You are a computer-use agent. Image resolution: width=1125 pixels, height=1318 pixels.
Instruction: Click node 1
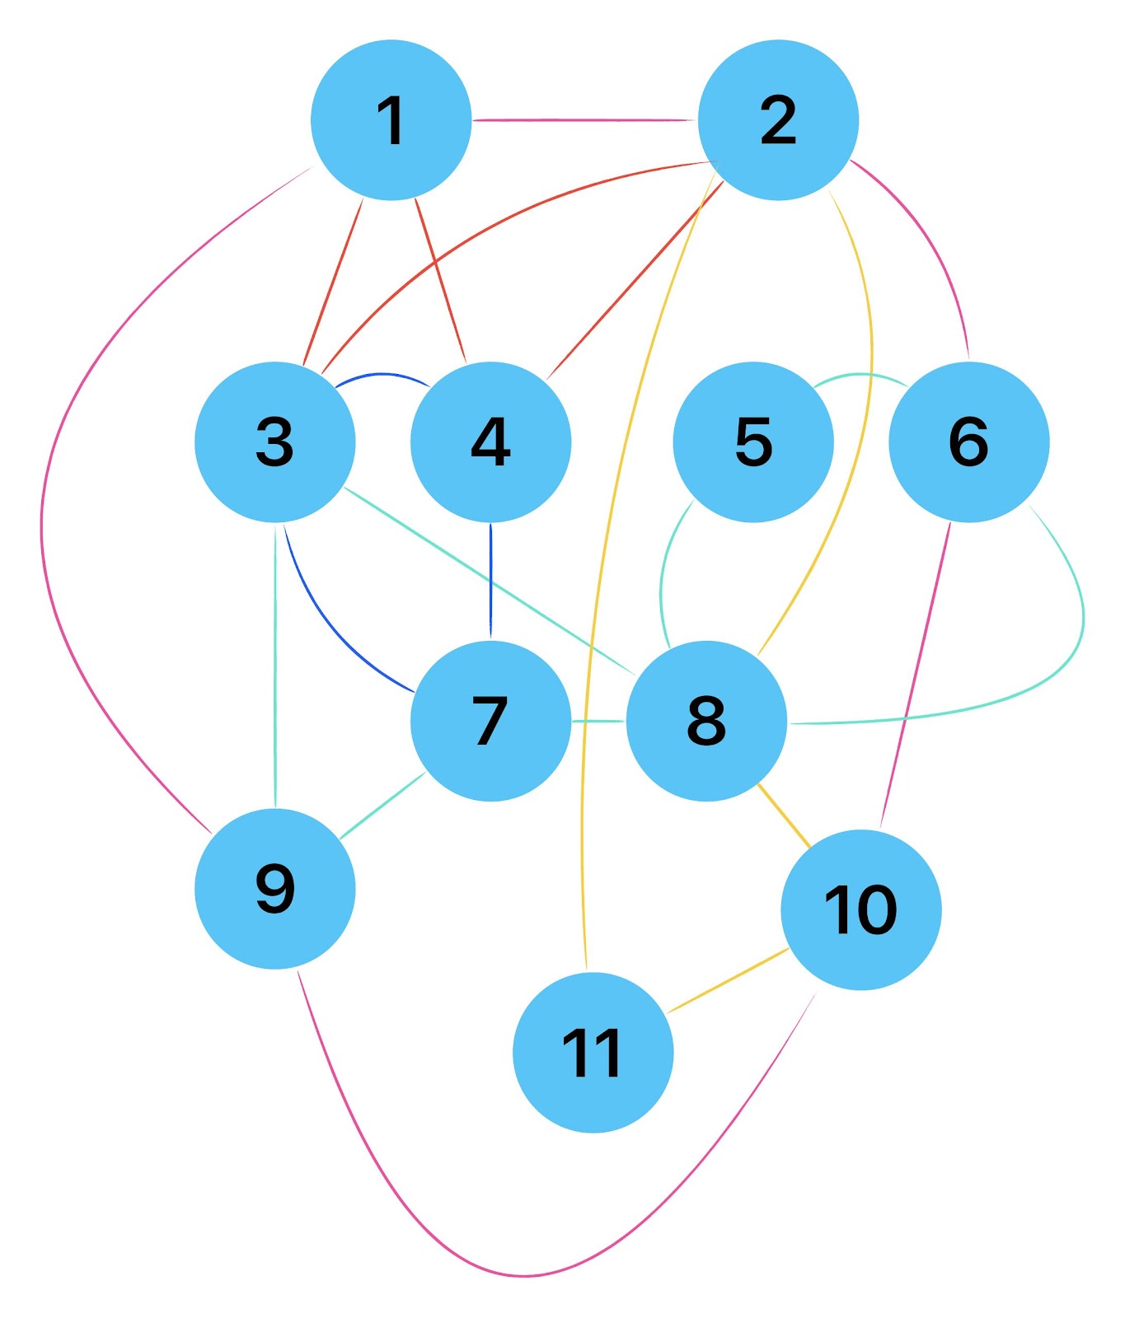(x=391, y=120)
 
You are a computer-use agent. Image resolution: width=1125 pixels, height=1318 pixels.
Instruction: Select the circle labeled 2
(x=778, y=120)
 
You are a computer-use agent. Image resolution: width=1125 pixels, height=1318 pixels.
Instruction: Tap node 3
(x=275, y=442)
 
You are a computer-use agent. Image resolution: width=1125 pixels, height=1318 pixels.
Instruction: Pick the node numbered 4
(x=490, y=442)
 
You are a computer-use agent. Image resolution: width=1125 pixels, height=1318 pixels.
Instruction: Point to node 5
(x=753, y=442)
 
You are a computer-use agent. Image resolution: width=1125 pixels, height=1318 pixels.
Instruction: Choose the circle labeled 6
(x=968, y=442)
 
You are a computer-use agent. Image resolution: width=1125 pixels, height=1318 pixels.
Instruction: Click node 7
(x=490, y=721)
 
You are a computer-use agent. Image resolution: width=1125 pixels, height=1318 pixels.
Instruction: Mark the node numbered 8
(x=706, y=721)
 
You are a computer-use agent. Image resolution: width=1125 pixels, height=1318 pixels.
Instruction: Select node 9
(x=275, y=889)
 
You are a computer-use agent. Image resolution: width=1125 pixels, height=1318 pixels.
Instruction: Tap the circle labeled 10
(x=860, y=909)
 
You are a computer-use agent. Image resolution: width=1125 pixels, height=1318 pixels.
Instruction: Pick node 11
(x=593, y=1053)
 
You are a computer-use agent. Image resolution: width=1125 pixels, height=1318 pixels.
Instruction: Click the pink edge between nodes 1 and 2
(x=585, y=120)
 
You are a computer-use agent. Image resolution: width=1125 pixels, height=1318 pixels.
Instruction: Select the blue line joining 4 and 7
(x=490, y=581)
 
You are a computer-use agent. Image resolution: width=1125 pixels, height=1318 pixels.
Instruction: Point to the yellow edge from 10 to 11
(x=729, y=980)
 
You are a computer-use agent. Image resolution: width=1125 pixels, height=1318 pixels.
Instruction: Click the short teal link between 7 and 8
(x=598, y=721)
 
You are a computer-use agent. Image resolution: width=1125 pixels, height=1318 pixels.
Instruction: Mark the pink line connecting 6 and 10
(x=916, y=675)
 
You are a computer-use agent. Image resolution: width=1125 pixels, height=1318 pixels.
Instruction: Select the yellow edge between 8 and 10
(x=784, y=816)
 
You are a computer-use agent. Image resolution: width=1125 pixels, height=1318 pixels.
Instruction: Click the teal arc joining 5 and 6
(x=861, y=376)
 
